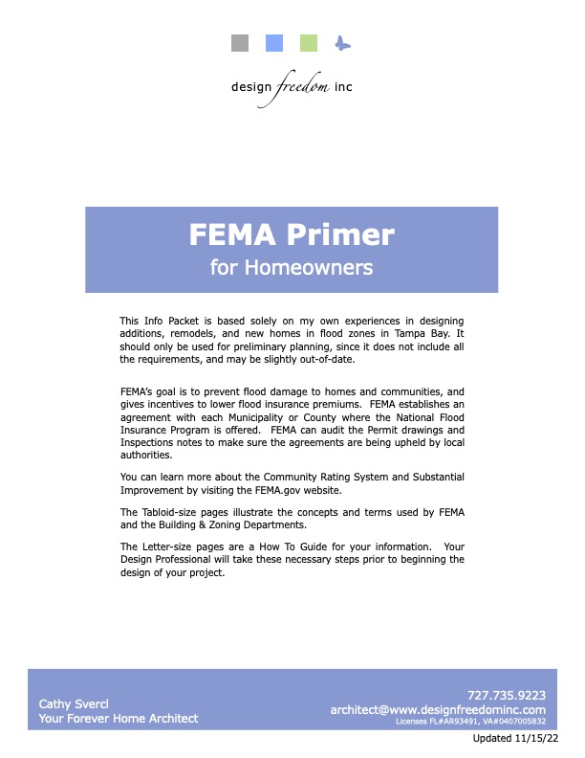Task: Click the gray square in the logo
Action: (x=241, y=43)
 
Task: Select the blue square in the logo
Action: (x=274, y=43)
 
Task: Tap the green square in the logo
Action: (x=309, y=43)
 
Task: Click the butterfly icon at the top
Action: (x=343, y=43)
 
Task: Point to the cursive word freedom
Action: (x=302, y=87)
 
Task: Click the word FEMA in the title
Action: (x=234, y=234)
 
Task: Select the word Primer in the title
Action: (x=347, y=234)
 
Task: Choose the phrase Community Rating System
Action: (x=294, y=476)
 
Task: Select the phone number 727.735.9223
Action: (x=506, y=695)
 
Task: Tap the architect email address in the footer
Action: (x=437, y=710)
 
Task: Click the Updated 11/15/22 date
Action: (x=516, y=740)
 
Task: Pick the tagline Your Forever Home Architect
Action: (x=119, y=718)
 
